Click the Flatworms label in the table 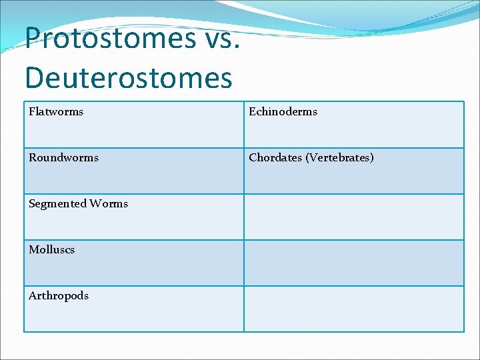56,112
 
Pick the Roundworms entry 63,158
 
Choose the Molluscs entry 51,250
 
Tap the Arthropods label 58,296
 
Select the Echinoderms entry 283,112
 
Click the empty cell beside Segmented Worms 353,217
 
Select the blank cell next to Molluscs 353,263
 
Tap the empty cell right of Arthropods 353,309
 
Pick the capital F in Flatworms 32,112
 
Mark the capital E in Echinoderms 253,112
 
